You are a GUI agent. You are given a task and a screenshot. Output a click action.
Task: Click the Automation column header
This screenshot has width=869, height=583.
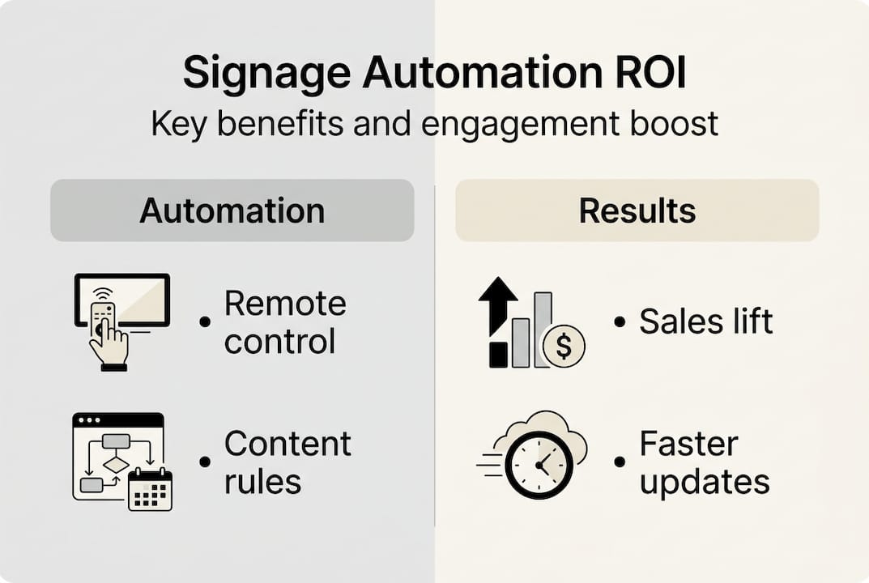[232, 211]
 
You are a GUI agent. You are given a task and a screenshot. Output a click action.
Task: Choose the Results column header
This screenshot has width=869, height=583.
[637, 211]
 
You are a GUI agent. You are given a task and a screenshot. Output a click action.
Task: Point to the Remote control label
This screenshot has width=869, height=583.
[285, 322]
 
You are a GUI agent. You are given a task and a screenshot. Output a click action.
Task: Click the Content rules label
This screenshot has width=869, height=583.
[288, 462]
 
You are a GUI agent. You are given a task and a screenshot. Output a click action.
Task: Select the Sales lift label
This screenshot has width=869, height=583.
[705, 322]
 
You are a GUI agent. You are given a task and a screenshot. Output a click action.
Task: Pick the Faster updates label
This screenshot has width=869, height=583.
[704, 462]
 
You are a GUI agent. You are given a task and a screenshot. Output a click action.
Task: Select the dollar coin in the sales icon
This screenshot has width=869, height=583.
[564, 347]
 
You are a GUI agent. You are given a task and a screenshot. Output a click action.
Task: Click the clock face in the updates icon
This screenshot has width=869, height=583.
[539, 464]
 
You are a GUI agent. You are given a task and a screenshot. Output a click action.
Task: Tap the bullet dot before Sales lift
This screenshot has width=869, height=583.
[620, 322]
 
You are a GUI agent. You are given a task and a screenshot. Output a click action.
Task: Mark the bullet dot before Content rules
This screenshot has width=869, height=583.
[204, 462]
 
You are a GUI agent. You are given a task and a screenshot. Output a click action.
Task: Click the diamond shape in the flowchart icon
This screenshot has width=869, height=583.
[117, 464]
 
